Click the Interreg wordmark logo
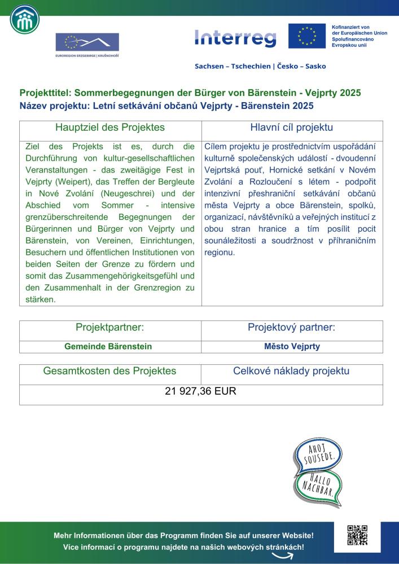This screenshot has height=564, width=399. coord(235,38)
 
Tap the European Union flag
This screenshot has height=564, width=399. coord(307,36)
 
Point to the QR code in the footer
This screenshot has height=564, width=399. coord(358,535)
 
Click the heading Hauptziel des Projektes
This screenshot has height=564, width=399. coord(110,127)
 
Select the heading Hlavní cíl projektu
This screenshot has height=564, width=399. coord(291,127)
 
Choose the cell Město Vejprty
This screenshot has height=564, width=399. coord(292,346)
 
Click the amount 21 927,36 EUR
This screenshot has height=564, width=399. coord(200,391)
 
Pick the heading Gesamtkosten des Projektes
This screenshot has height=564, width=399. coord(110,371)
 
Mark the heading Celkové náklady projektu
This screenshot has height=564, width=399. coord(291,371)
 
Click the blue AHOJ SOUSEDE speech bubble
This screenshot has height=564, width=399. coord(315,455)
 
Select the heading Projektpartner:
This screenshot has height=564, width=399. coord(110,328)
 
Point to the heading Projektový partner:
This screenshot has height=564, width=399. coord(291,328)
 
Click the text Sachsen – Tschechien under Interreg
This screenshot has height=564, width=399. coord(232,66)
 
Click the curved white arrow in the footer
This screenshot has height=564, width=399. coord(284,555)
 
